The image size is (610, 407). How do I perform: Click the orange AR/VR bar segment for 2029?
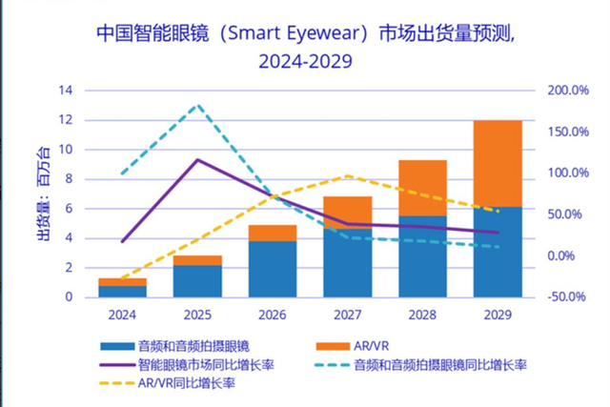coord(497,163)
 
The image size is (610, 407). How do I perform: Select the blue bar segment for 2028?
coord(422,255)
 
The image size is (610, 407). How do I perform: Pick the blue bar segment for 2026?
coord(273,268)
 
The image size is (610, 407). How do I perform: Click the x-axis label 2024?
coord(123,313)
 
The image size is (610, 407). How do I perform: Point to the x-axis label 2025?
coord(197,313)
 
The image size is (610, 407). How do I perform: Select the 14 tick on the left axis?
coord(66,91)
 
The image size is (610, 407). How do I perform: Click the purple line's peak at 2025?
coord(197,159)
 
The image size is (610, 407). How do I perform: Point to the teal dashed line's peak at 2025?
coord(197,105)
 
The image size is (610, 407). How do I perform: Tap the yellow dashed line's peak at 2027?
coord(348,176)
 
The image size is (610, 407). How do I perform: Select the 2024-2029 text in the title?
coord(297,63)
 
